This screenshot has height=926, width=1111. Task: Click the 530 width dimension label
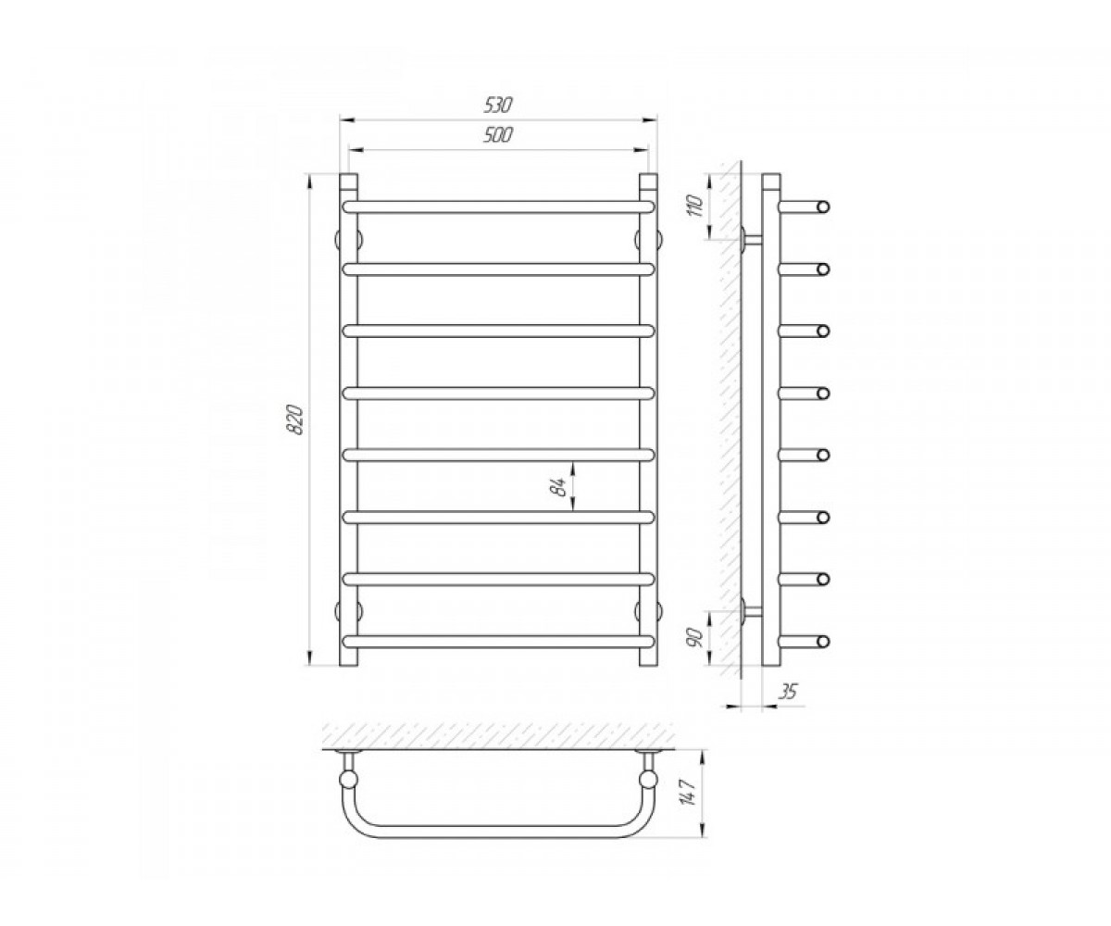(497, 106)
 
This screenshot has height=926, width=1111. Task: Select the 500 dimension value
(498, 135)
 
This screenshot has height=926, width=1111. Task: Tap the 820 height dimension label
(296, 419)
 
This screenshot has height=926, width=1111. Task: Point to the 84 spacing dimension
(558, 486)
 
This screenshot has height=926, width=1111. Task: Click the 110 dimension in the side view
(696, 206)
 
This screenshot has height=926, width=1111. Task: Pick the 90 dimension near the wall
(697, 638)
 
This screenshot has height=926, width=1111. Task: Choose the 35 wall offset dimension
(788, 692)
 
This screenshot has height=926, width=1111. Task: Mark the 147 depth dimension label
(691, 792)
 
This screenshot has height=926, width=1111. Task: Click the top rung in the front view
(499, 206)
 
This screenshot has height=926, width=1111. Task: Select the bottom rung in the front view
(499, 642)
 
